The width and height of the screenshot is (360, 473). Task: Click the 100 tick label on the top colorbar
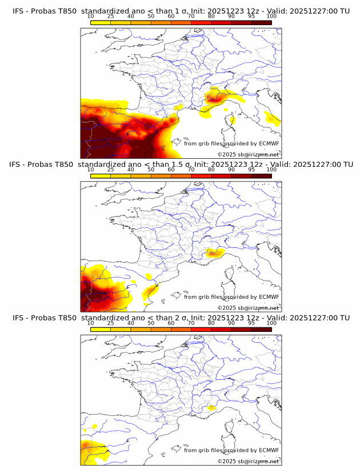click(x=271, y=17)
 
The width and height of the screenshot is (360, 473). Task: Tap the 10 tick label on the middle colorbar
click(x=91, y=170)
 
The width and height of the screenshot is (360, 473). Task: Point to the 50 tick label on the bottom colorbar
click(x=151, y=323)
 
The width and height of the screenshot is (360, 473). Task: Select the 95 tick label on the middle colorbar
click(x=251, y=170)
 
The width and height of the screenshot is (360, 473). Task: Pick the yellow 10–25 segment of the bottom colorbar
click(x=101, y=329)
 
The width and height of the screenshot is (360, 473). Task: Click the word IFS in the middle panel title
click(x=17, y=164)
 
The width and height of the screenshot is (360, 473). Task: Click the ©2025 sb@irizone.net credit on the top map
click(x=248, y=155)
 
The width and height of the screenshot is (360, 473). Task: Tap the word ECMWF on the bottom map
click(x=269, y=450)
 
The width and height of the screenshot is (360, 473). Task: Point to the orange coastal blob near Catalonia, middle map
click(x=150, y=292)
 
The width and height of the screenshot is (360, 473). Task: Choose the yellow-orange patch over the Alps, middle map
click(x=214, y=252)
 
